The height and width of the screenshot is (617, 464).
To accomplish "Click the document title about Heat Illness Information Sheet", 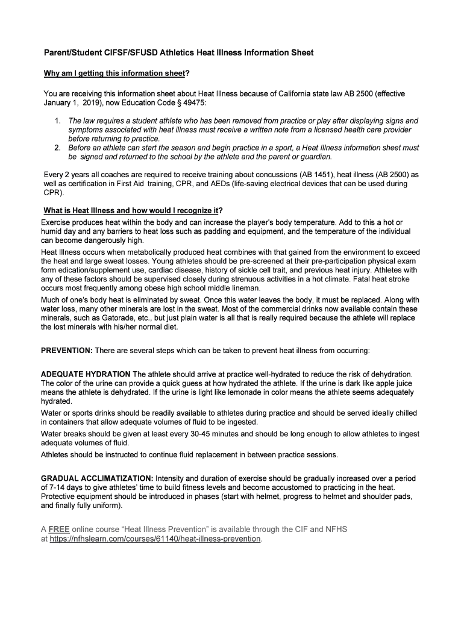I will click(x=178, y=53).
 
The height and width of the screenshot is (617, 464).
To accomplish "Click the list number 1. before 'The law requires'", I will click(x=58, y=121).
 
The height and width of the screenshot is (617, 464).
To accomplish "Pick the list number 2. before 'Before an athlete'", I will click(x=58, y=148).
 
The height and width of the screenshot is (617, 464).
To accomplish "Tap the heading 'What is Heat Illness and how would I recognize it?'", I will click(x=132, y=211).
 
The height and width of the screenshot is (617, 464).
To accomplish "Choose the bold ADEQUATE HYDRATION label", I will click(x=86, y=374).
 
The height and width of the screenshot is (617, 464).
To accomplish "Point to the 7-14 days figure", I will click(x=64, y=487).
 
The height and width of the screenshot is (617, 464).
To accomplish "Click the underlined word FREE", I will click(x=58, y=530).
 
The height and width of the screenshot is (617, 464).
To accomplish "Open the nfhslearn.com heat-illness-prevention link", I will click(x=156, y=539).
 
